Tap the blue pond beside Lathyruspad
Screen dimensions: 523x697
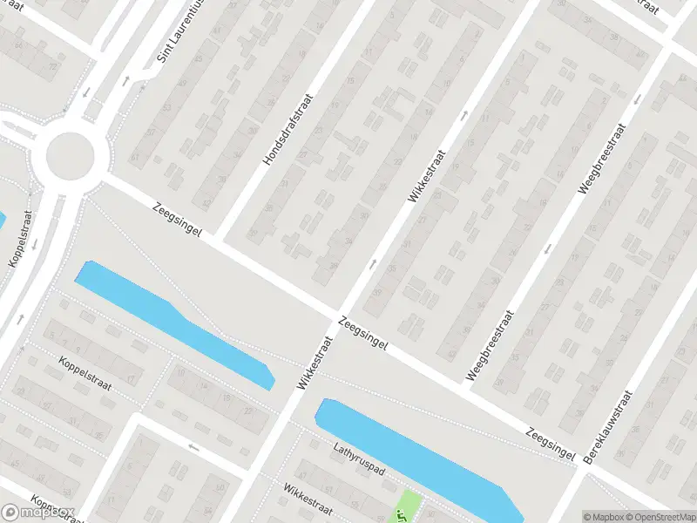(x=409, y=453)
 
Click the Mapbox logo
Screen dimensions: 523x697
(x=38, y=513)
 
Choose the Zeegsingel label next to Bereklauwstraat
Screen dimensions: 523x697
(x=551, y=442)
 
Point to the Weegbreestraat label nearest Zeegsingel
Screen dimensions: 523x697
(x=491, y=347)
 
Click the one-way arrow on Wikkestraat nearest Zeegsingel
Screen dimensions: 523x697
(x=374, y=263)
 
